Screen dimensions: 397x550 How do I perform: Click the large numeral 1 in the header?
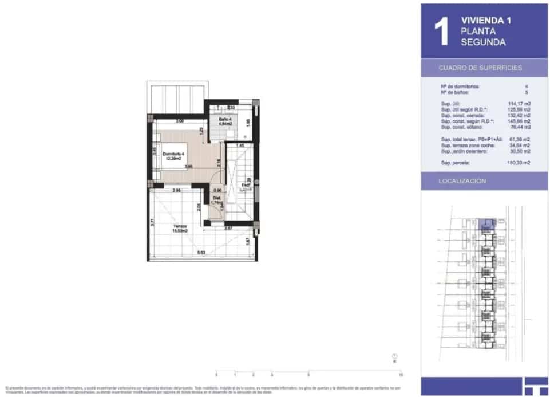[440, 32]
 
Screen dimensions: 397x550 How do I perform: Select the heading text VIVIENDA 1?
[486, 21]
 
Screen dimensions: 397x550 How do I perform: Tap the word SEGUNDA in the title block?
[483, 42]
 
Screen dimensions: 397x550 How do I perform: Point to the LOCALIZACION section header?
[462, 181]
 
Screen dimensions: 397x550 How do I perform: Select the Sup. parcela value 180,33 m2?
[519, 163]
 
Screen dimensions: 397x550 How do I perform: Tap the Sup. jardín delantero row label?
[464, 151]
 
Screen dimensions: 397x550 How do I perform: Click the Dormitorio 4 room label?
[171, 155]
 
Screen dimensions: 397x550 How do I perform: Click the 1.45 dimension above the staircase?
[240, 146]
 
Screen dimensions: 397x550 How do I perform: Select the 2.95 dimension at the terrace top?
[177, 190]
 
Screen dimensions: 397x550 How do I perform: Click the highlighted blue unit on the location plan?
[486, 223]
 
